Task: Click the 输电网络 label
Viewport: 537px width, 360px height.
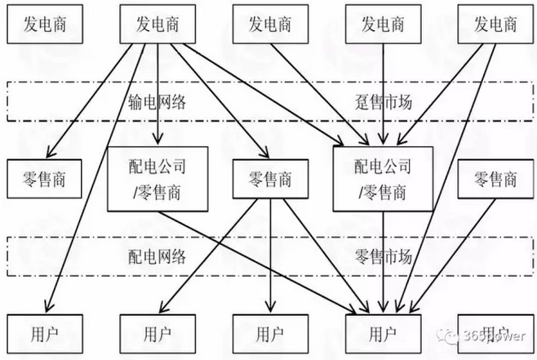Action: click(157, 101)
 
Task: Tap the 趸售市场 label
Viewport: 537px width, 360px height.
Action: click(382, 101)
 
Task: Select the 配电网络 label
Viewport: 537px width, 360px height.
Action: click(157, 256)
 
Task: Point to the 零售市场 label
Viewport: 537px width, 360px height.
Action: click(382, 256)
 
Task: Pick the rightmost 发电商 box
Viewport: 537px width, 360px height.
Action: click(495, 24)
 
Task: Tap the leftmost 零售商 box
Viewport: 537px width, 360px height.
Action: click(45, 179)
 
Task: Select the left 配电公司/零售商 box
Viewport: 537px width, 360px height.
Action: click(158, 179)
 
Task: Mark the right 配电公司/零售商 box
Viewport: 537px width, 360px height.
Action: click(382, 179)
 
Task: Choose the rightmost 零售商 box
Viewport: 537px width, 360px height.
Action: click(495, 179)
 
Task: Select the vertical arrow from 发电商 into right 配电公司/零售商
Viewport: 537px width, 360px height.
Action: click(384, 90)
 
